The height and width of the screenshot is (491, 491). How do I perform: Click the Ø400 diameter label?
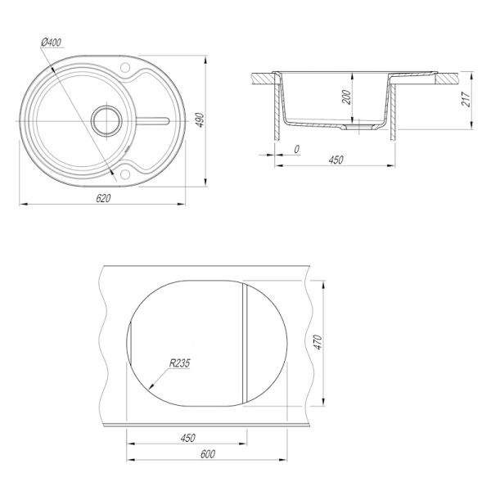coord(52,42)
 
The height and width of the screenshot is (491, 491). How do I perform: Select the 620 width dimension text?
coord(103,198)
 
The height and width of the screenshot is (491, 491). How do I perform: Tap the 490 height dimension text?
coord(200,120)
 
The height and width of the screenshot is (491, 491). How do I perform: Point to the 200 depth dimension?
coord(346,97)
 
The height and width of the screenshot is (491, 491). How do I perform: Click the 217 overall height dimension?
coord(466,99)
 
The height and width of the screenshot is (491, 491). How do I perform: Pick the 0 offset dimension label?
coord(297,150)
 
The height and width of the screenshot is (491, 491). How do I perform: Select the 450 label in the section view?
coord(336,160)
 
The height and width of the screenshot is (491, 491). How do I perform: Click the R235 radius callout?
coord(179,363)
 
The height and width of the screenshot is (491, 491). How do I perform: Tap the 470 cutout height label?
coord(318,342)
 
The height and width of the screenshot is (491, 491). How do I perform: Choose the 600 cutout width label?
coord(208,454)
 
